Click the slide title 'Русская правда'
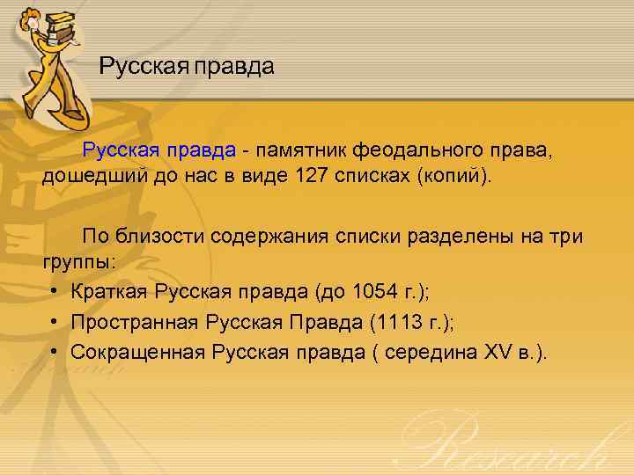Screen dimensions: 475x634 (x=187, y=66)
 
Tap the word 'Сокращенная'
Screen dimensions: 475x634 (x=137, y=353)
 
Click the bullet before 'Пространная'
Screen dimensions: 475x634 (x=55, y=323)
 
